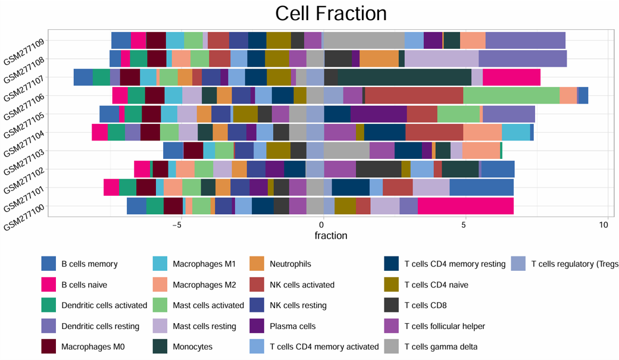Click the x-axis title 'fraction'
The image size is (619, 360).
331,236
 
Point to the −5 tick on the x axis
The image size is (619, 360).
177,226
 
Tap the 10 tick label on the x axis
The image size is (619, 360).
604,226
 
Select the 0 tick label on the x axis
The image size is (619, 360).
321,226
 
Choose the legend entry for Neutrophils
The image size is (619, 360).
290,264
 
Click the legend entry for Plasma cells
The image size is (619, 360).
292,326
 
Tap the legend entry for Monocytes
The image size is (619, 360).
192,347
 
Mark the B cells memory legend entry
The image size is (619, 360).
89,264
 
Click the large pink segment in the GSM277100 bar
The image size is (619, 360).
465,206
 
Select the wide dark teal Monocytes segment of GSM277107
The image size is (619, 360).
405,77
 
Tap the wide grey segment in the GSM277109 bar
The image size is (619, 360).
363,40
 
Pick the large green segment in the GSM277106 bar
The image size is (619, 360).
511,96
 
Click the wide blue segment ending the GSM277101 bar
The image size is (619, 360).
482,187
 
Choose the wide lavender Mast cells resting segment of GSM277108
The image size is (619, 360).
442,59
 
